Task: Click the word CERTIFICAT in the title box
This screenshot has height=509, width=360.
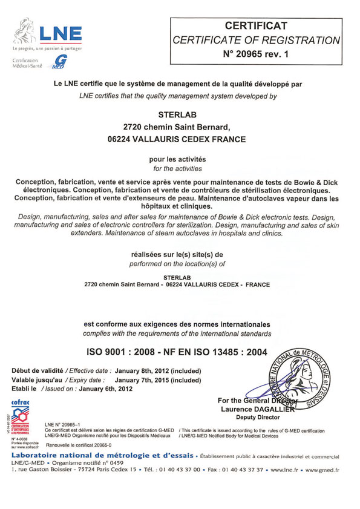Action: coord(256,25)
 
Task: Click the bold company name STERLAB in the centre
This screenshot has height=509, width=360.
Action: coord(180,113)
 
